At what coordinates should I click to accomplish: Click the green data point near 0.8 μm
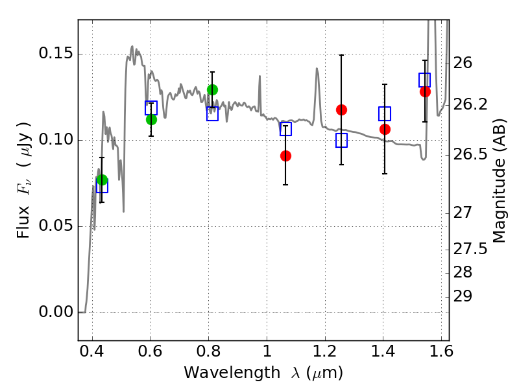213,89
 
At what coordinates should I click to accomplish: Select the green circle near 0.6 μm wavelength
151,119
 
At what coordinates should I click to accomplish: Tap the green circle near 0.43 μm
103,180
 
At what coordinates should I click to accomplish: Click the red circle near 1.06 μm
285,156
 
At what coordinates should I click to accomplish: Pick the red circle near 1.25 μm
342,110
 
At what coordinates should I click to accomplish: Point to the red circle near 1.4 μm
385,129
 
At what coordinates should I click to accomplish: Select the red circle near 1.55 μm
426,91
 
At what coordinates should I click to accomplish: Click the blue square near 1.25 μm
342,140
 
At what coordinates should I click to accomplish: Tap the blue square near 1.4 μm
385,114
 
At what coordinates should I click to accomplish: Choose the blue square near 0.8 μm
213,114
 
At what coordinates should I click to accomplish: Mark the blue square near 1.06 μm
285,128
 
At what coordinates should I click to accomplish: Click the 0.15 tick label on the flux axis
56,53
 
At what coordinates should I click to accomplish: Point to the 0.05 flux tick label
56,226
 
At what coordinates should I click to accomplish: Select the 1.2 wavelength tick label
325,351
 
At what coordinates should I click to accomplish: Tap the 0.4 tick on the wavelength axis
92,351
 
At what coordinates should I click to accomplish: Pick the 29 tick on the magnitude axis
463,297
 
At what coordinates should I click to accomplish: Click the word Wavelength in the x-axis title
232,373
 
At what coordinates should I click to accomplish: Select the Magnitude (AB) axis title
500,181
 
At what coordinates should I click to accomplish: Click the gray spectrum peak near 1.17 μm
317,69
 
